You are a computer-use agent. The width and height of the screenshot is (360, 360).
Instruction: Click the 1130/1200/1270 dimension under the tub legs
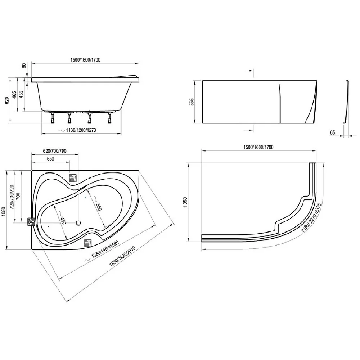coord(81,130)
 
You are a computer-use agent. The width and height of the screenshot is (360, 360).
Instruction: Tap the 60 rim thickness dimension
coord(24,66)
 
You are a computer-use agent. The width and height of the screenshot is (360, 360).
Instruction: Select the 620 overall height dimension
coord(7,100)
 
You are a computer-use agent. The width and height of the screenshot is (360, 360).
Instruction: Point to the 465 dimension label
coord(14,95)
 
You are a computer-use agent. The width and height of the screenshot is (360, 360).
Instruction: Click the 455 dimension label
coord(21,95)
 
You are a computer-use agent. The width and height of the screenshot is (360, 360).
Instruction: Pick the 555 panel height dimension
coord(192,102)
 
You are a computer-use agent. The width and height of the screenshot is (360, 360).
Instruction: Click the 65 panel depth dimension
coord(332,132)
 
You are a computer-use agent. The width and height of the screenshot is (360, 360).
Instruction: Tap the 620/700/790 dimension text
coord(55,151)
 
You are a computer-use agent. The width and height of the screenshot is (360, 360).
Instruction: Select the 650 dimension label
coord(50,159)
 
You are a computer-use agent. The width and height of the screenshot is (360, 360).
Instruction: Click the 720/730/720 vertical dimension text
coord(12,197)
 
